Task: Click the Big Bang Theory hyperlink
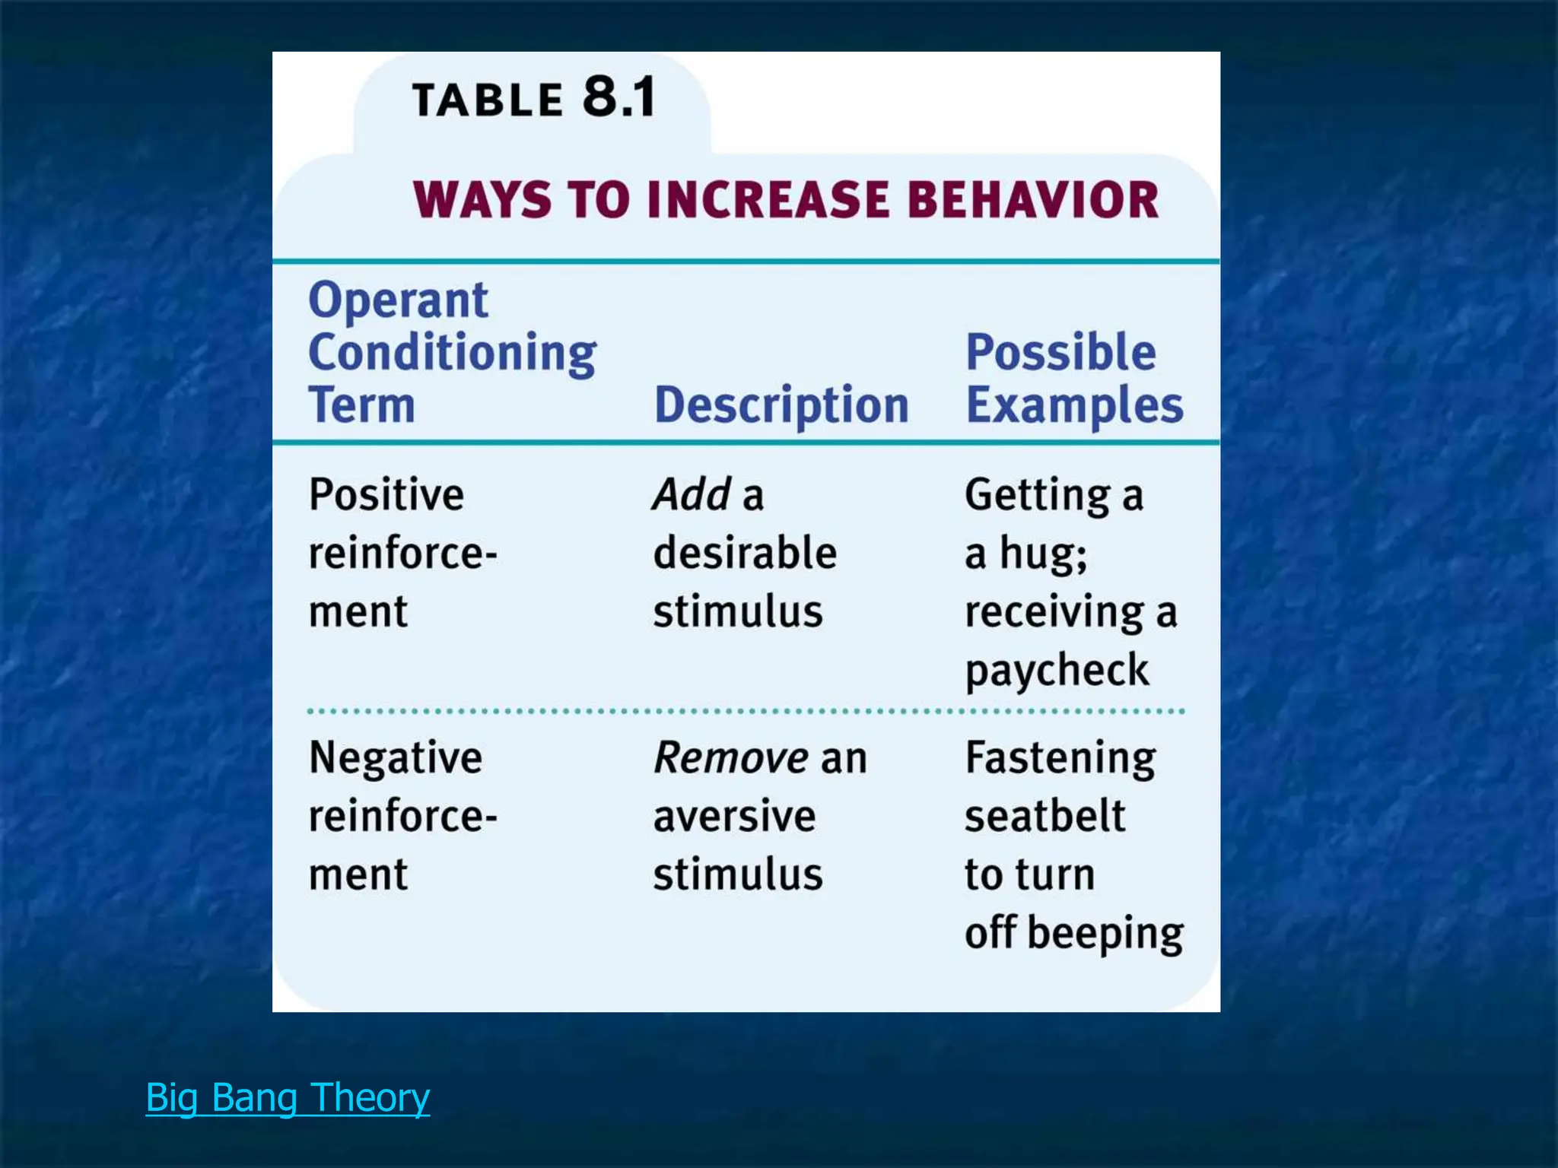coord(288,1097)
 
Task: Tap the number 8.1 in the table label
coord(618,97)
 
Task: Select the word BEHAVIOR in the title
coord(1033,200)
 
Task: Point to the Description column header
coord(781,405)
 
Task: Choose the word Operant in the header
coord(398,300)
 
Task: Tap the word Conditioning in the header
coord(453,354)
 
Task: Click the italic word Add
coord(692,495)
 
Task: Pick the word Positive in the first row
coord(386,495)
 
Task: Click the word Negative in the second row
coord(396,758)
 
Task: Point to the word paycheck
coord(1057,671)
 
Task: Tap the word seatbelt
coord(1044,816)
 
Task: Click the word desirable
coord(745,553)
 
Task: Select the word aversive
coord(734,816)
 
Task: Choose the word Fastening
coord(1060,758)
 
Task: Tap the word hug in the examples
coord(1042,554)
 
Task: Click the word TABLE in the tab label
coord(487,100)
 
